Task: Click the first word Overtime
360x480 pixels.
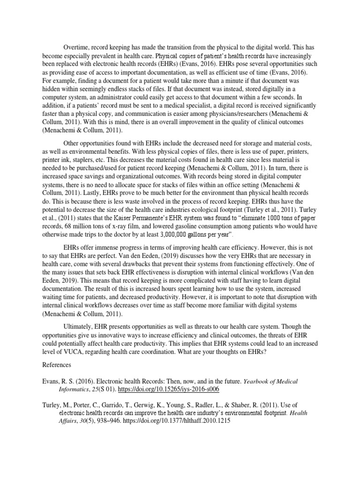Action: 76,47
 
